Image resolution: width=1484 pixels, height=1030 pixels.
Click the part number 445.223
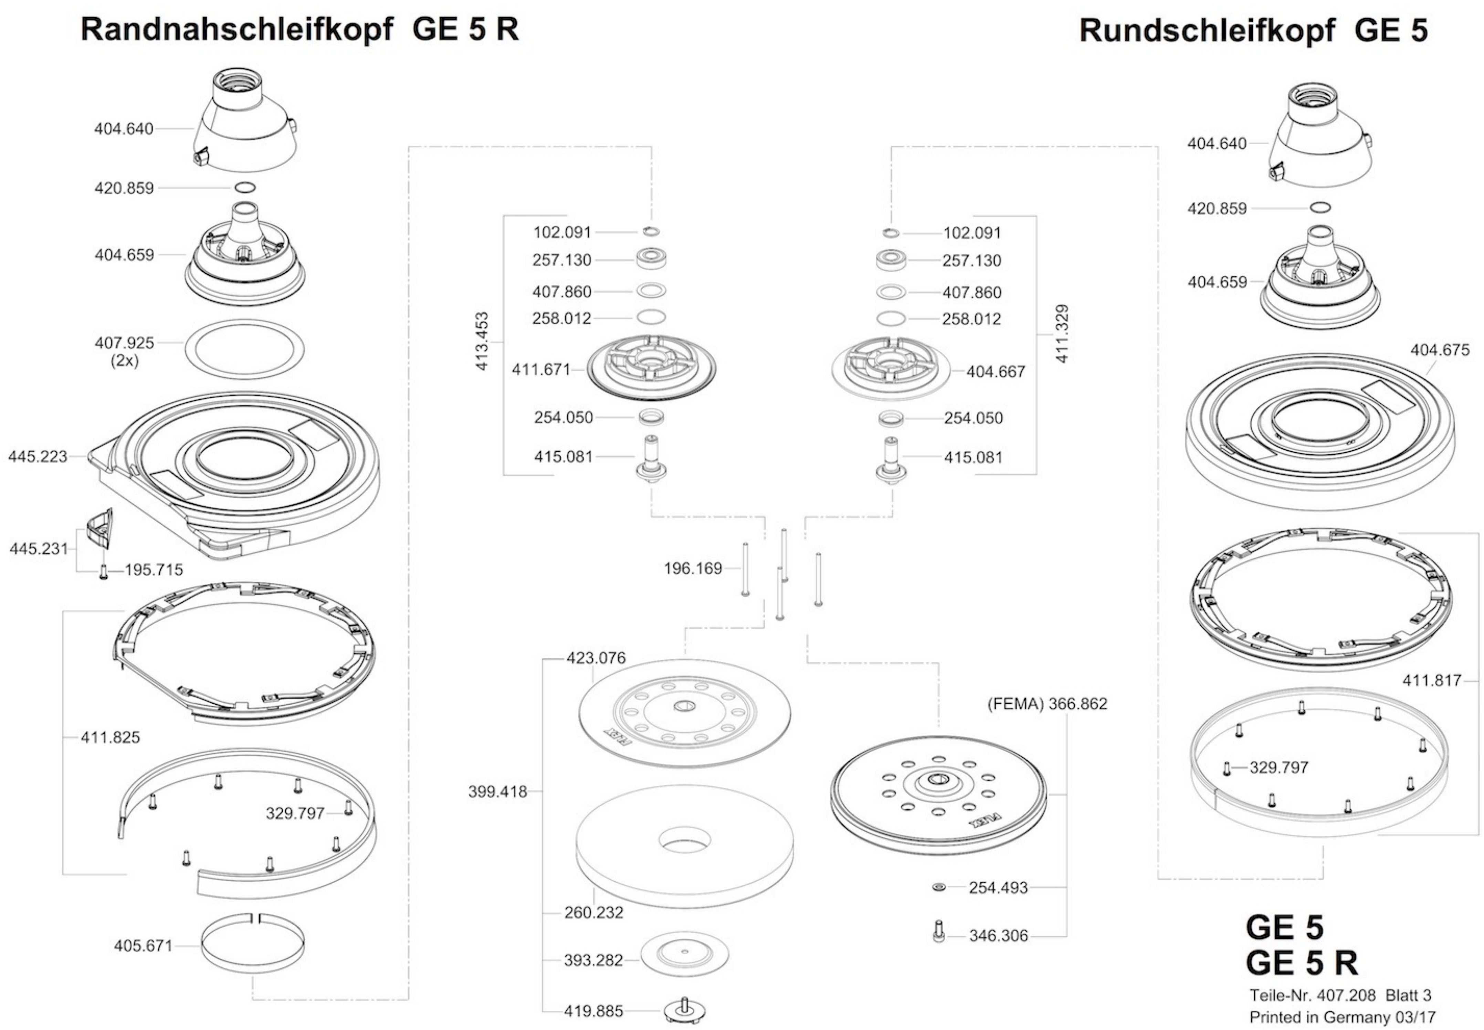tap(38, 456)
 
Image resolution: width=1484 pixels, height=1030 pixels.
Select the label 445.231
tap(39, 548)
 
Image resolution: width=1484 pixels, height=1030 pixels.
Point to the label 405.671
tap(143, 946)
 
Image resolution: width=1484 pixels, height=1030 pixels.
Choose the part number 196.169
tap(693, 569)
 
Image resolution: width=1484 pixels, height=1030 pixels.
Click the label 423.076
tap(596, 658)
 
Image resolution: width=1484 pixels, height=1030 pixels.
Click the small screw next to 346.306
tap(939, 931)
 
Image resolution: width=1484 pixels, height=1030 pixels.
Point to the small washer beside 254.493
tap(939, 888)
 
